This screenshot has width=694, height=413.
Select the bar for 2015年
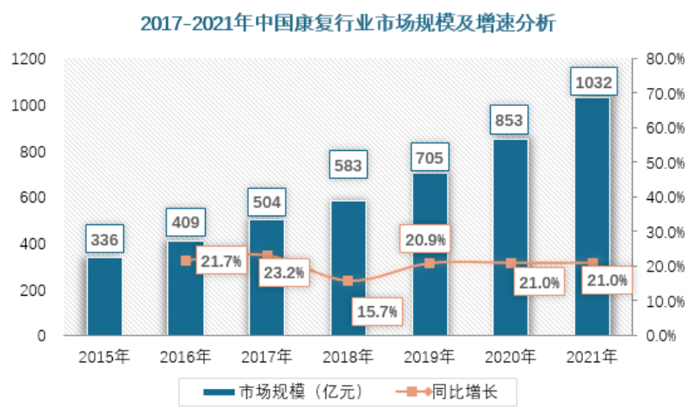tap(104, 296)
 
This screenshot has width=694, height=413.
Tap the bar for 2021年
tap(592, 216)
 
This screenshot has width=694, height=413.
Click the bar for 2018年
tap(348, 267)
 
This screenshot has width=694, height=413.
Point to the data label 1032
tap(592, 83)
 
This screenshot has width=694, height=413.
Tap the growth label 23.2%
tap(282, 272)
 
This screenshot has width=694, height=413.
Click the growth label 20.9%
tap(426, 239)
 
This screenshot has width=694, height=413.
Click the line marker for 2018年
tap(348, 281)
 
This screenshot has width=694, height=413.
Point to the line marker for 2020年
tap(511, 263)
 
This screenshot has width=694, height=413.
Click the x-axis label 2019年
tap(429, 355)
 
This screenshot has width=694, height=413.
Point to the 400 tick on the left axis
tap(34, 244)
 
